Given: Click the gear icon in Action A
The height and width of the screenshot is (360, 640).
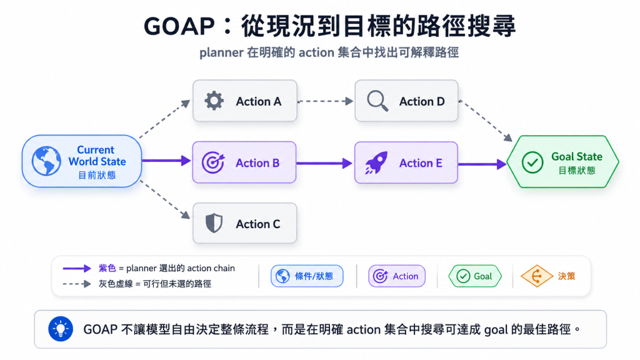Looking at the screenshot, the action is pos(214,101).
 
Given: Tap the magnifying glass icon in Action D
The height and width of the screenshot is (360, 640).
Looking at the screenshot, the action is pos(377,101).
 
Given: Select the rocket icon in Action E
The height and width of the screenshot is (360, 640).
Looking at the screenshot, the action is pos(376,162).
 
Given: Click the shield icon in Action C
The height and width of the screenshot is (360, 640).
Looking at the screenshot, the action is pos(214,223).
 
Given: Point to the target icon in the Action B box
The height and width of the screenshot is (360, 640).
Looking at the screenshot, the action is pos(213,162).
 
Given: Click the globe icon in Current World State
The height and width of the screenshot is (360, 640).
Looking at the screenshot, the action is pos(46,161).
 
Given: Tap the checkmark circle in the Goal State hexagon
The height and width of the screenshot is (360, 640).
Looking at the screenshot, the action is pos(532,162).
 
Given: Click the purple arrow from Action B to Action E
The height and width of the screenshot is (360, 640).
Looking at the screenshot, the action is pos(324,163).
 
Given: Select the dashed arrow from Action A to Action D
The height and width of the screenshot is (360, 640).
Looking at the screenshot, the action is pos(325,101).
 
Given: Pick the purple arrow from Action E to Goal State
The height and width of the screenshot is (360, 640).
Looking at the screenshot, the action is pos(482,164).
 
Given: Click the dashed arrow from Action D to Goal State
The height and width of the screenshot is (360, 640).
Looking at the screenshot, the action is pos(485,121).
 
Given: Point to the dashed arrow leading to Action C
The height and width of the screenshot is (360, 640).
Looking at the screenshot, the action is pos(165,199).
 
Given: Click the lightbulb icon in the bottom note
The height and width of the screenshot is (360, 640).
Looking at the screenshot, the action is pos(61,329).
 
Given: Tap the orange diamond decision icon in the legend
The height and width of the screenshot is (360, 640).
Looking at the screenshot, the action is pos(537,276).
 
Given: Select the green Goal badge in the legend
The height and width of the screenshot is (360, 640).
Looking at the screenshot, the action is pos(475,276).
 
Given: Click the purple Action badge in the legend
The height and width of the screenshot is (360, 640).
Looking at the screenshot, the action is pos(397,276).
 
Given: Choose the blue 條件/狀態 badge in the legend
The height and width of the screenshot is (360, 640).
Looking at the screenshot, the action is pos(307,276).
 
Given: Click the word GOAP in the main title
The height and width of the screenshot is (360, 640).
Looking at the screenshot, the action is pos(179,26).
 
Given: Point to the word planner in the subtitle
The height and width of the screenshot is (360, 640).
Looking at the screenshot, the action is pos(221,52).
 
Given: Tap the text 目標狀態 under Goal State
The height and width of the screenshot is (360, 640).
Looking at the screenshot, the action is pos(577,171).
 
